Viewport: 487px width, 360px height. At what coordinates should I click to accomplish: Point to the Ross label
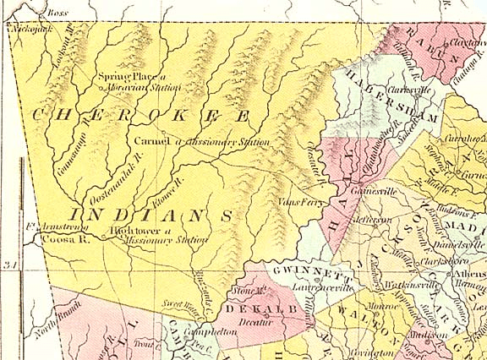tap(57, 13)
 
